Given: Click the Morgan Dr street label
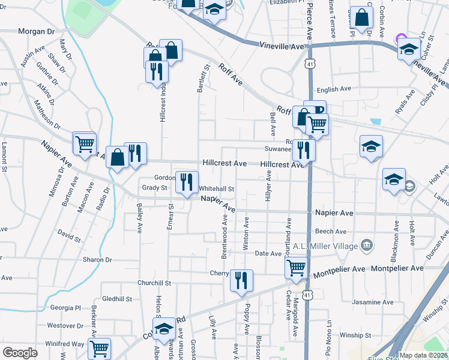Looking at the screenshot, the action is [x=37, y=31].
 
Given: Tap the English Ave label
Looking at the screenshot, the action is [x=334, y=89].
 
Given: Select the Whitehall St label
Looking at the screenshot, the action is [x=216, y=188].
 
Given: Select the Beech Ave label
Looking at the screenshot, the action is [x=331, y=231].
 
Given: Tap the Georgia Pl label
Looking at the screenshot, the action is [x=65, y=308].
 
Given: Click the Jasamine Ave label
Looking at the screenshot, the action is [x=373, y=302].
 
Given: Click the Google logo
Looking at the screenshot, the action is [x=20, y=353].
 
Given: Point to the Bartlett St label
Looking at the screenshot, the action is [x=202, y=79].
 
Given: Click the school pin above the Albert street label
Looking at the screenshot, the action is [x=163, y=329].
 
